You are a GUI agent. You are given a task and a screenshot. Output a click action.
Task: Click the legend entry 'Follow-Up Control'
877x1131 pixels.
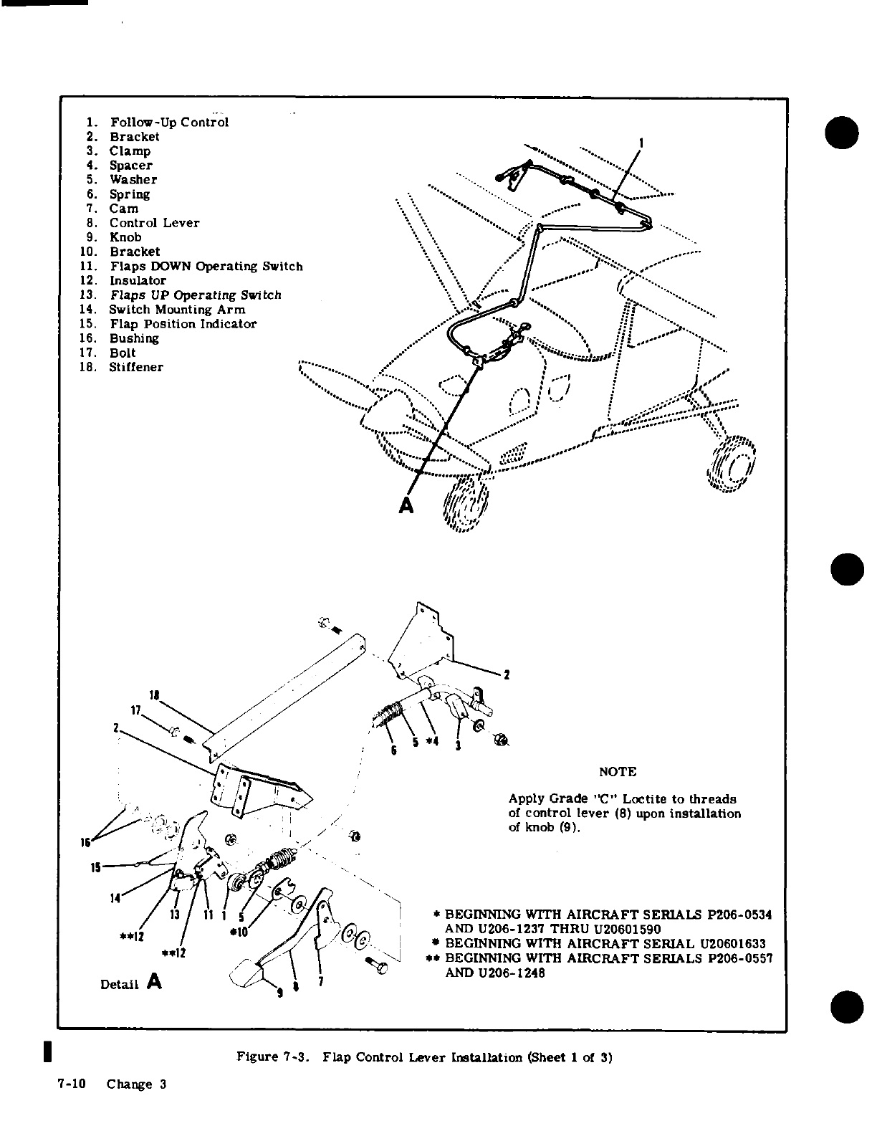(x=169, y=122)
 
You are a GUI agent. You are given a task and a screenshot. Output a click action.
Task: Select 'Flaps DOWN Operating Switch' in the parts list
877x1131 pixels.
(x=206, y=267)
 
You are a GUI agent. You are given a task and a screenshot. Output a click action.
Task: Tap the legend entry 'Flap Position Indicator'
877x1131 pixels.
(x=183, y=324)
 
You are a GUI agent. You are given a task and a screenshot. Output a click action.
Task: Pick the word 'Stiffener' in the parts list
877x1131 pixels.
(x=136, y=367)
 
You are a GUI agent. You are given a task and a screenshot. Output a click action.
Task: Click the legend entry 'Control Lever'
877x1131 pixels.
(x=154, y=223)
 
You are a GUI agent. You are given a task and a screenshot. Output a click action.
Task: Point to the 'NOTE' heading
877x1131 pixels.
(x=617, y=771)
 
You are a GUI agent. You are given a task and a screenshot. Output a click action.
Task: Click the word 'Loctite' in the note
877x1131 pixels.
(x=648, y=799)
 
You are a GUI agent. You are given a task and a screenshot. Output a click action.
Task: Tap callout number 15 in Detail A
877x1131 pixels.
(x=95, y=867)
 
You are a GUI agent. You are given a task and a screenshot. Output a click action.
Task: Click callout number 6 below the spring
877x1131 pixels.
(x=393, y=750)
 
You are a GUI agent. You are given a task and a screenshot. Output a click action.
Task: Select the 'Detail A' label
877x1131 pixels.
(x=131, y=983)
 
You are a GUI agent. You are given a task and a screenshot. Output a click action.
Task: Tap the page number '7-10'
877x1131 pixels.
(x=72, y=1084)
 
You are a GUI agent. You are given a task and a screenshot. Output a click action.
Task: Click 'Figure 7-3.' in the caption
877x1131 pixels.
(x=274, y=1057)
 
